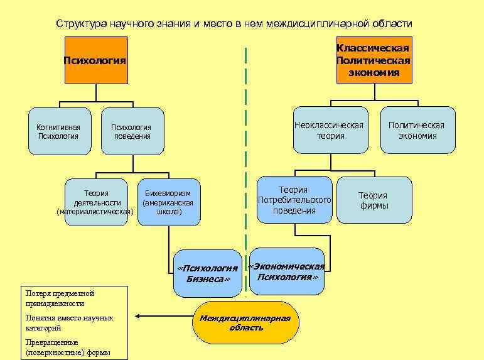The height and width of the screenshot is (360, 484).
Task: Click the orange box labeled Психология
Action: pos(96,60)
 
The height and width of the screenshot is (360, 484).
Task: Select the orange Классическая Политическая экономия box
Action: pos(374,60)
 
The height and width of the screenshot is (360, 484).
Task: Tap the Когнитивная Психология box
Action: pos(59,131)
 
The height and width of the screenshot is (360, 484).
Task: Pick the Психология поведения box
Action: pos(132,131)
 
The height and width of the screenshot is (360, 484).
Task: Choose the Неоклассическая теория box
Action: pos(330,130)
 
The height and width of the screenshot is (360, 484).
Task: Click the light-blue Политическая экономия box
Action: pos(416,130)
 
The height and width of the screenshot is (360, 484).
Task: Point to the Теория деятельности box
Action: pos(96,202)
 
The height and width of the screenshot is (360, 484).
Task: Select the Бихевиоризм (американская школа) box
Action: pos(168,202)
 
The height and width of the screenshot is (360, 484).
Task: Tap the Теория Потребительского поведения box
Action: pos(294,200)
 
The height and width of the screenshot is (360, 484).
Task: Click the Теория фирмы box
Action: pos(374,200)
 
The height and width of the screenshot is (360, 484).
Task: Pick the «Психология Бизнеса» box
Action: pos(207,273)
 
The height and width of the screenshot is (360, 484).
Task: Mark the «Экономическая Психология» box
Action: pos(287,271)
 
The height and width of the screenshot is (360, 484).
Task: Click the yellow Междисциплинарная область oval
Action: pos(245,322)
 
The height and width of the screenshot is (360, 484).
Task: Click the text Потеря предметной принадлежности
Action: pos(60,298)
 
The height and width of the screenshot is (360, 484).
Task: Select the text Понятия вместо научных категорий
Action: pos(69,322)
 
